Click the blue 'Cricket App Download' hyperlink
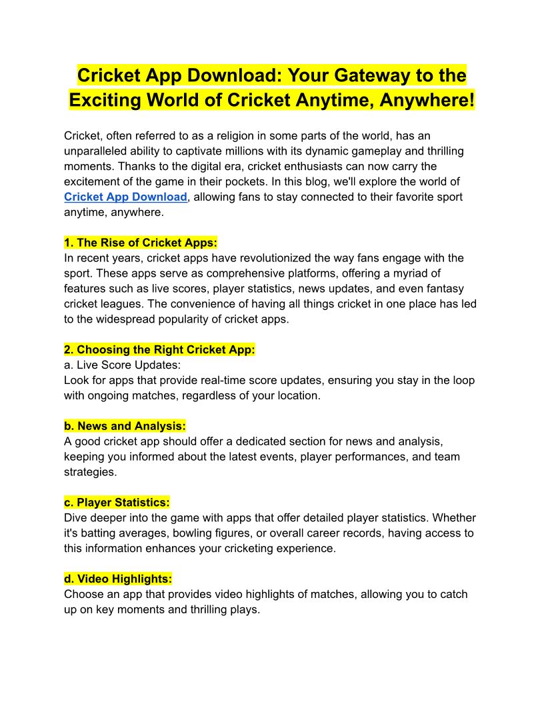click(125, 197)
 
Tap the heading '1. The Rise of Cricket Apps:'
click(141, 243)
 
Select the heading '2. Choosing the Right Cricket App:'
click(159, 350)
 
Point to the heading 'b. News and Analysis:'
click(125, 426)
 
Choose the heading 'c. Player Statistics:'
click(117, 503)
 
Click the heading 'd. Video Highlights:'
click(118, 579)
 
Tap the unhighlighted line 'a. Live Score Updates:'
click(122, 365)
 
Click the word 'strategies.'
click(90, 472)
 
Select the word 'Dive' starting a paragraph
click(76, 518)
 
